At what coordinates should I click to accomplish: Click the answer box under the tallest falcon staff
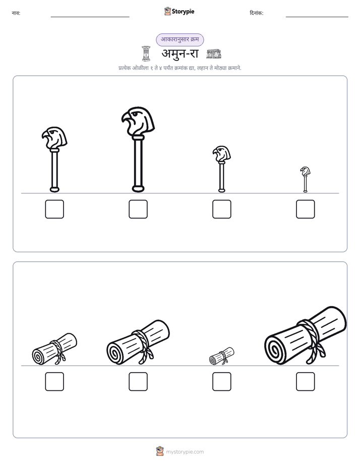point(138,209)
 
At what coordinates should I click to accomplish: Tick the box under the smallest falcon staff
point(306,209)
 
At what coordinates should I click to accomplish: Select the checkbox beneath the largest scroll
point(306,382)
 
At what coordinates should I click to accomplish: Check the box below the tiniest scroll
point(222,382)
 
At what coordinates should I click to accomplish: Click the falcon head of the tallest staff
point(138,121)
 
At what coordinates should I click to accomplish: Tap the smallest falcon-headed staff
point(305,180)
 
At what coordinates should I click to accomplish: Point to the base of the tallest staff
point(138,189)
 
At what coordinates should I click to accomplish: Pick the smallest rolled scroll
point(221,356)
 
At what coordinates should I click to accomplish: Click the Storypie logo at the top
point(179,12)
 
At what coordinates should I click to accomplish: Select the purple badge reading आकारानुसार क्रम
point(180,39)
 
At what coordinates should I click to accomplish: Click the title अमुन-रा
point(180,54)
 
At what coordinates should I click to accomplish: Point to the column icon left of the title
point(146,53)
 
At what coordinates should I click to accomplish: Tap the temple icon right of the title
point(214,54)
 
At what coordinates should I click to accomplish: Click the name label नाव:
point(16,13)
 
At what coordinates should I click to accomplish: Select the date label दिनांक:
point(257,13)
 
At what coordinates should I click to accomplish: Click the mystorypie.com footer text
point(185,452)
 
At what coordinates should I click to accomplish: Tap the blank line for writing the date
point(317,17)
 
